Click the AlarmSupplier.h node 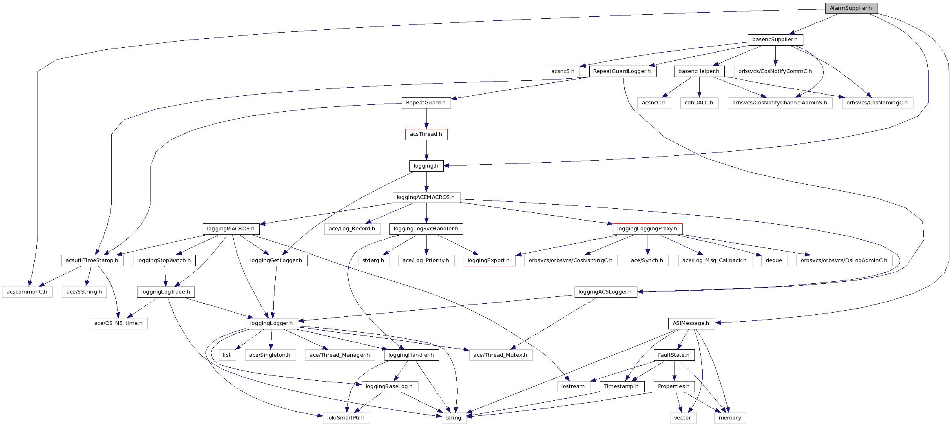coord(851,8)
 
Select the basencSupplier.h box coord(775,40)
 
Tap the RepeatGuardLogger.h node coord(622,71)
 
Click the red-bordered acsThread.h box coord(426,134)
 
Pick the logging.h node coord(426,166)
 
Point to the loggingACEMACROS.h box coord(426,197)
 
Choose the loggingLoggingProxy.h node coord(647,229)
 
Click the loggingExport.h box coord(489,260)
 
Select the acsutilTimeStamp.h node coord(92,260)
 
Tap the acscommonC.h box coord(27,292)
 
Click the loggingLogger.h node coord(272,323)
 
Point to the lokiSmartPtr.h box coord(346,418)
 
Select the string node coord(453,418)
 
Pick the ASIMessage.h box coord(691,323)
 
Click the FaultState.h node coord(674,355)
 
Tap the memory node coord(730,418)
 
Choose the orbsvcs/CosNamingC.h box coord(877,103)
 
